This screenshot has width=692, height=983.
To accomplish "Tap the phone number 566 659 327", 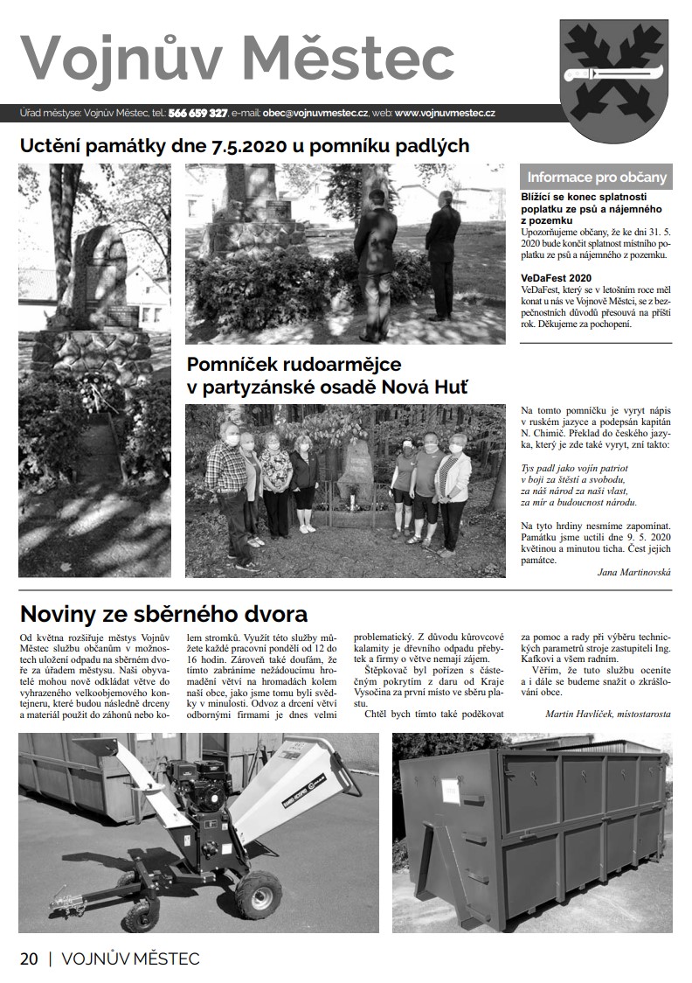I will (197, 113).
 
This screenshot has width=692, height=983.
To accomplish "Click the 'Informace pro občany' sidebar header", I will (596, 177).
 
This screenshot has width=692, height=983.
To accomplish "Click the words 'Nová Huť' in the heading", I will (428, 386).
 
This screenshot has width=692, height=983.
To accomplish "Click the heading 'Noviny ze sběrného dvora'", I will (163, 613).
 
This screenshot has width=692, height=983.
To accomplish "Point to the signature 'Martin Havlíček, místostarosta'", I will (607, 714).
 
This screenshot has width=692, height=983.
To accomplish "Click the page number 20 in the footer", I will (29, 959).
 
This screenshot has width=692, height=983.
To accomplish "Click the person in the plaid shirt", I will (225, 479).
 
